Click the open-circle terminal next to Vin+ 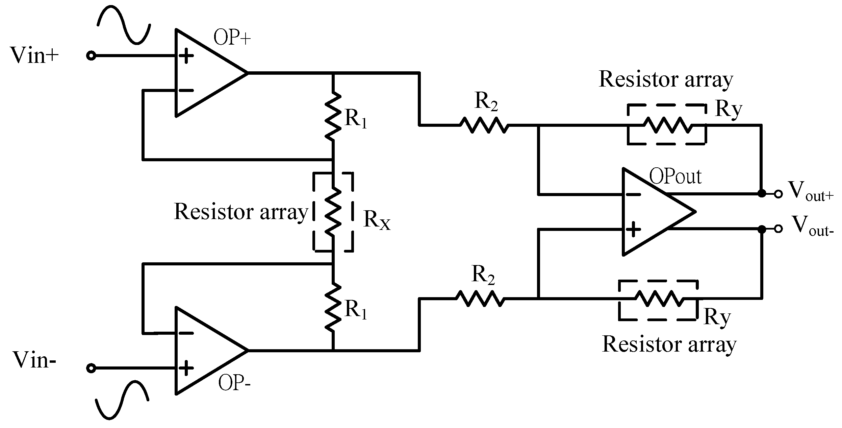91,56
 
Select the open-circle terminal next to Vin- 91,368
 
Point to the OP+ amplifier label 232,38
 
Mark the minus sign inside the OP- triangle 186,333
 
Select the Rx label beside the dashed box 377,221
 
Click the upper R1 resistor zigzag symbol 333,116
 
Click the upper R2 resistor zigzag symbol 484,125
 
